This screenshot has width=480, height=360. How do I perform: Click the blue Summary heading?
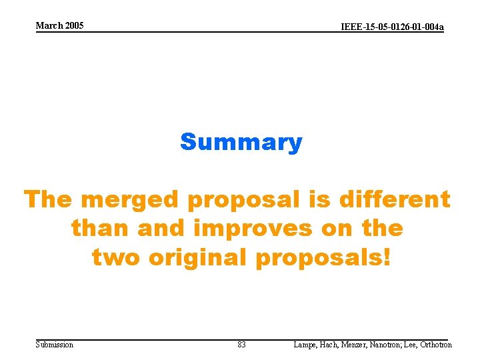(241, 142)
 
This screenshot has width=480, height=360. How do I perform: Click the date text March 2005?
(59, 25)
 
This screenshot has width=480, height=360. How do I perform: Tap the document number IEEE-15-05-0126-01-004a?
(392, 27)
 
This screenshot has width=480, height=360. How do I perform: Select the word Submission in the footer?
(55, 345)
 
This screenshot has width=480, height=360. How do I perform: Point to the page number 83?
(241, 345)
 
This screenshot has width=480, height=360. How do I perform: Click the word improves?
(252, 229)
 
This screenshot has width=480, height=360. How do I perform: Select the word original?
(199, 257)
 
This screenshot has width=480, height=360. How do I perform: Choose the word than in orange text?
(101, 229)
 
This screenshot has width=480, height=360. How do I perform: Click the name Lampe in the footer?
(305, 345)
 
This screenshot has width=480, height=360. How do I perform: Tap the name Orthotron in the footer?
(436, 345)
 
